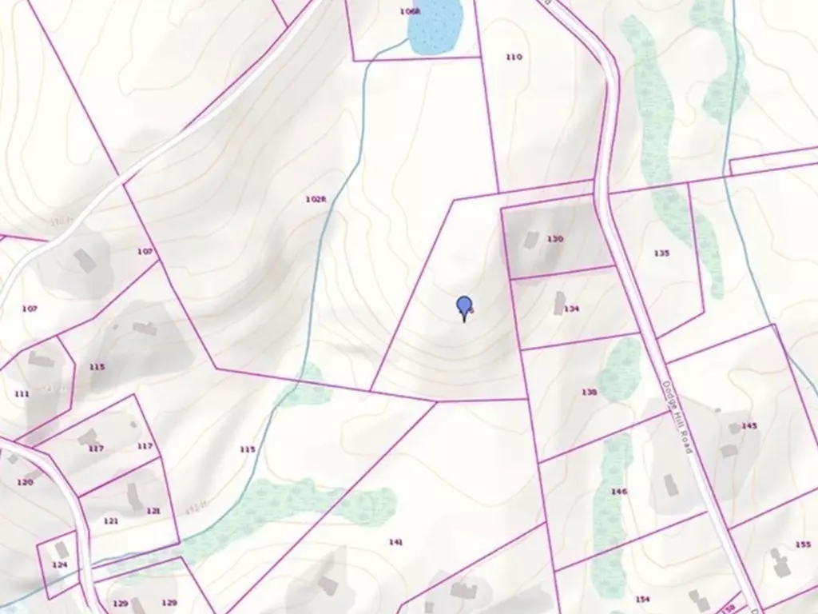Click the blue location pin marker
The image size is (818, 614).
point(464,306)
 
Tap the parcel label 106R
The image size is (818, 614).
point(410,11)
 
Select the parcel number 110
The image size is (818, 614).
point(514,57)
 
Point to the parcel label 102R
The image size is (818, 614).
point(316,199)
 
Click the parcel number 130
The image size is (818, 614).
point(555,239)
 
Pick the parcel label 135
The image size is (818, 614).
point(661,253)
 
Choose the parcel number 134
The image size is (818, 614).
point(571,309)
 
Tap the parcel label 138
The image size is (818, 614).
point(590,392)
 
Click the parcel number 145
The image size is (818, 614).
point(749,426)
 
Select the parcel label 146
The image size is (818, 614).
point(618,492)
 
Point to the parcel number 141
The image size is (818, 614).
point(395,542)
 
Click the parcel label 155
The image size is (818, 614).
point(803,544)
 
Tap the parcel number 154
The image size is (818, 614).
point(642,599)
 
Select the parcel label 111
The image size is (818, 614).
point(22,394)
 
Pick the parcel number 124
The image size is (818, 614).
point(60,565)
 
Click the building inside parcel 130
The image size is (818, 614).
point(531,239)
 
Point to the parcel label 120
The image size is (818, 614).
point(25,482)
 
